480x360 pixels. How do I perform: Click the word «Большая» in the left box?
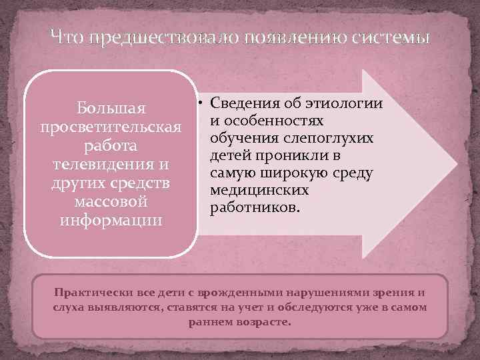click(x=111, y=107)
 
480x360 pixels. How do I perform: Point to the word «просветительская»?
click(x=111, y=126)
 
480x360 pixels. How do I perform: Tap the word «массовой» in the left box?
click(x=111, y=201)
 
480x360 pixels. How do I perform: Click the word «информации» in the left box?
click(x=111, y=219)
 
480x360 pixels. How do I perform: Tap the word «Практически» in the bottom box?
click(x=89, y=293)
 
